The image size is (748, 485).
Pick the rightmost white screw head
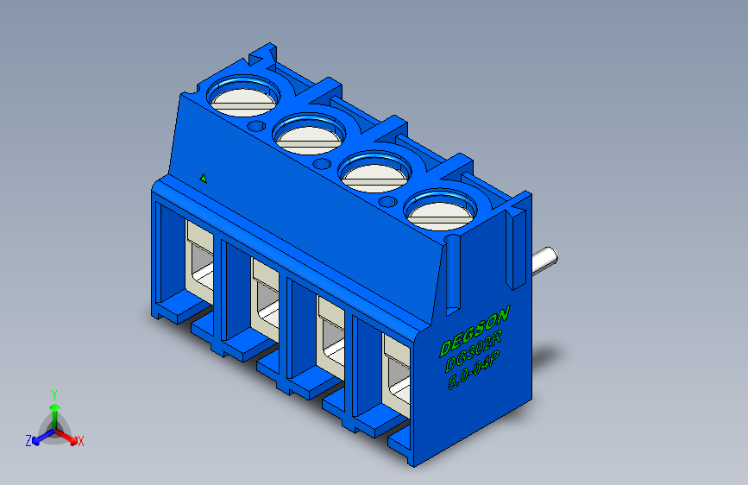tap(440, 211)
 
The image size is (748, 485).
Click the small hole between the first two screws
tap(256, 126)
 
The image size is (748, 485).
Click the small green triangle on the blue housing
tap(204, 179)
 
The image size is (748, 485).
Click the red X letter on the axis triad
tap(81, 441)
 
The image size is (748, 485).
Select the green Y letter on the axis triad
tap(53, 393)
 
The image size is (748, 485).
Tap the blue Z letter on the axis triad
tap(28, 440)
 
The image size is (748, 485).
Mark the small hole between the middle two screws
tap(323, 162)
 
